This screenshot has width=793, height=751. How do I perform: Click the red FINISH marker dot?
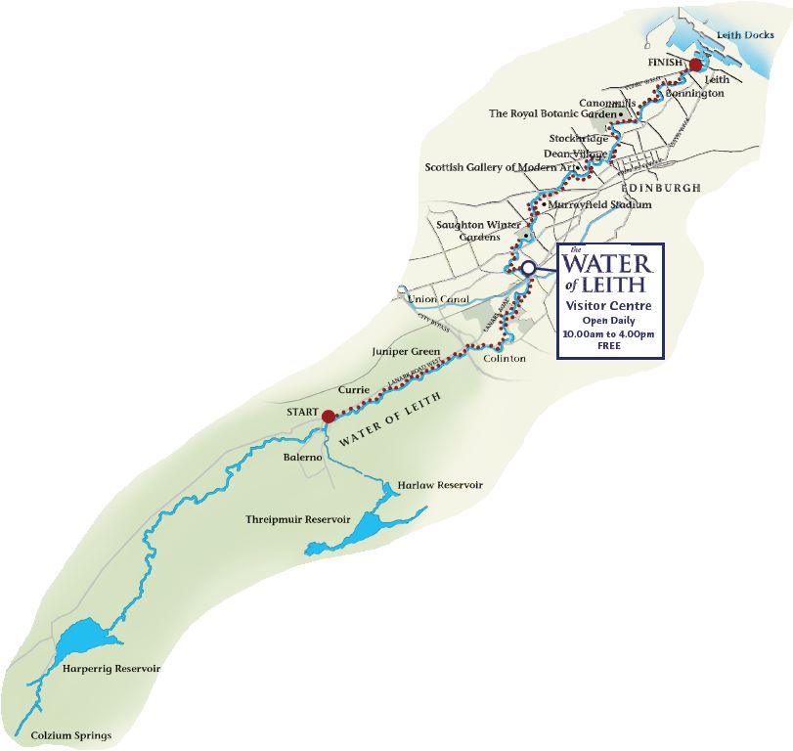click(695, 66)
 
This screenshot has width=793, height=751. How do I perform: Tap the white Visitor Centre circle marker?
click(527, 267)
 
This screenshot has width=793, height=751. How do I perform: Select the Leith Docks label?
click(744, 35)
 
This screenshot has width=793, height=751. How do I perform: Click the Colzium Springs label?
click(71, 735)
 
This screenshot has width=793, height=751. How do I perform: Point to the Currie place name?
click(353, 389)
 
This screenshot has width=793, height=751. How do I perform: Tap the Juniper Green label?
click(407, 350)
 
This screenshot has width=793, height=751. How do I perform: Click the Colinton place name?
click(505, 359)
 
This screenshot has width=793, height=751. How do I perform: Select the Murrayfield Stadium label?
click(599, 205)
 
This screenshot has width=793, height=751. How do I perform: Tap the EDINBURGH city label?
click(660, 187)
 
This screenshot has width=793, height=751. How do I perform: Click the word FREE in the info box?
click(610, 346)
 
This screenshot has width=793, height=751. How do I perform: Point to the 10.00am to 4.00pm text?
click(609, 333)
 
